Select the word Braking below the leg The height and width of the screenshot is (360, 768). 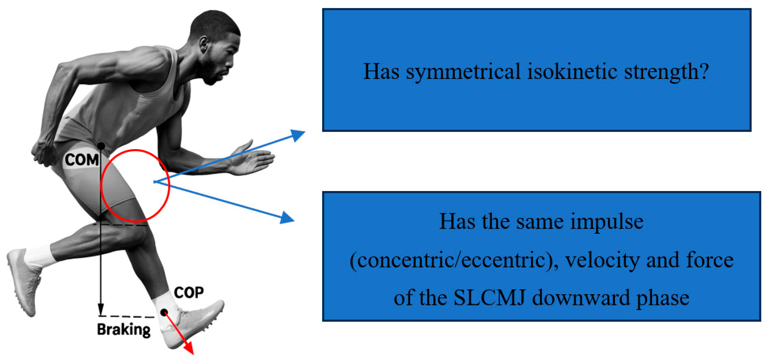[124, 329]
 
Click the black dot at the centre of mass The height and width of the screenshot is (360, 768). [101, 146]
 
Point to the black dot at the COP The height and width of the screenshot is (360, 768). [164, 312]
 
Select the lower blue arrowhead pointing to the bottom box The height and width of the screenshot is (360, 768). [287, 218]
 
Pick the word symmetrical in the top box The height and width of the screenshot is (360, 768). [463, 72]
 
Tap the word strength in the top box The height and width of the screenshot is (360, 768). [666, 72]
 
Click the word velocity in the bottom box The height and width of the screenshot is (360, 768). [602, 260]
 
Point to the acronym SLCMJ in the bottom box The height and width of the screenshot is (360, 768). [489, 298]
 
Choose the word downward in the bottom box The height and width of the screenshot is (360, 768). [581, 298]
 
